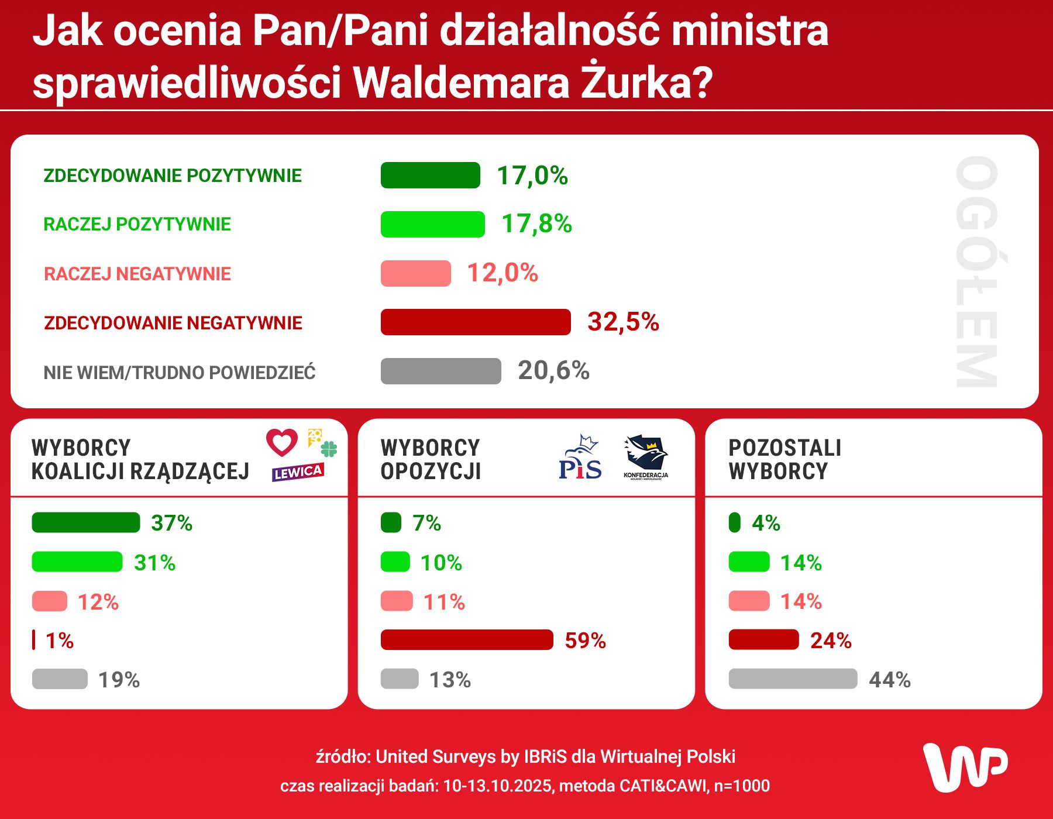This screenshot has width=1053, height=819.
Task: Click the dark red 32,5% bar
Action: point(475,322)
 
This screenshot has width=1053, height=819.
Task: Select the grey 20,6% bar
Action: point(441,371)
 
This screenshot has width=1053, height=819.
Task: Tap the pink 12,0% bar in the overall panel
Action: point(415,273)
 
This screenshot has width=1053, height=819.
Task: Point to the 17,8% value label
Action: point(536,223)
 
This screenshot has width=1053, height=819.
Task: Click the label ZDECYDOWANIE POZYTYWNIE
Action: point(173,175)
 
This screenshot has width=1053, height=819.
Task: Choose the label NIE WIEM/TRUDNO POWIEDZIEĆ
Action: point(180,372)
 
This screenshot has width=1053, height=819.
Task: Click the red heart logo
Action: point(282,442)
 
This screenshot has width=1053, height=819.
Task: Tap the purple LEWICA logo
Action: point(297,472)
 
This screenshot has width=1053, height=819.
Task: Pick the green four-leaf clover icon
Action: point(329,449)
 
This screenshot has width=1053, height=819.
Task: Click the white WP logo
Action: point(965,767)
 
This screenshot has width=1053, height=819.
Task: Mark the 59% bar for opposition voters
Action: point(466,640)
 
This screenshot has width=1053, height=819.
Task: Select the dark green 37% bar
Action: point(85,522)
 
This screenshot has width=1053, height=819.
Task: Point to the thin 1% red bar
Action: point(34,640)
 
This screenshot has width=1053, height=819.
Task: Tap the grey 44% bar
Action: point(793,679)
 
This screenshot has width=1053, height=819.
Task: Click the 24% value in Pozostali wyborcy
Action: point(831,641)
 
